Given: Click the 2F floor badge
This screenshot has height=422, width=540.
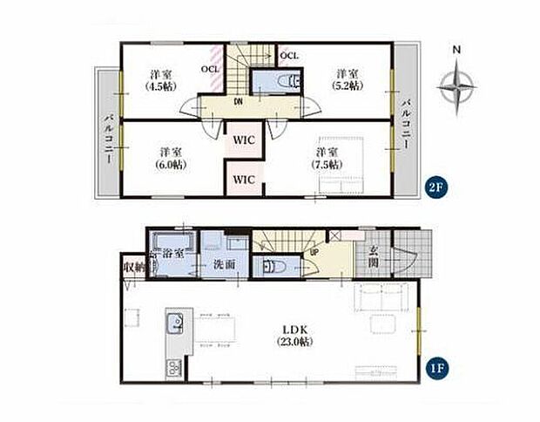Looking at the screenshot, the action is pos(435,188).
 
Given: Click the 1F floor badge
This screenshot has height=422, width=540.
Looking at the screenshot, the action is pos(435,368).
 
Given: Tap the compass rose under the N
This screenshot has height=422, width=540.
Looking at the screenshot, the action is pos(457,87).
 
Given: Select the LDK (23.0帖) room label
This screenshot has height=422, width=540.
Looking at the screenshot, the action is pos(294,336).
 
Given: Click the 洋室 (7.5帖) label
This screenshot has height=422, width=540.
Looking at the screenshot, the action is pos(327,159).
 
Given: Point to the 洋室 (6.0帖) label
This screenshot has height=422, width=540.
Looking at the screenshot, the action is pos(171,159).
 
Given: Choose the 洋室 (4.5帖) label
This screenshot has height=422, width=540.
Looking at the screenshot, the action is pos(161,80).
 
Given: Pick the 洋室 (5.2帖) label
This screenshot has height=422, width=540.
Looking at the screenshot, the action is pos(348,79).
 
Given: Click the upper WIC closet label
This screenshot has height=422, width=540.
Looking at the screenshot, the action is pos(244,140).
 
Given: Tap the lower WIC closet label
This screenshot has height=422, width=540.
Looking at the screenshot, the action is pos(244,180).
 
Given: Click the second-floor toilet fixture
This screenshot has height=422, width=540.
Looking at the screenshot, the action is pos(289,82).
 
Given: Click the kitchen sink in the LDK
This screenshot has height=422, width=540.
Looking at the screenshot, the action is pos(175,323).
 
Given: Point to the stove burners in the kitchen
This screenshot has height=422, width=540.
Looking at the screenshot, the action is pos(174,368).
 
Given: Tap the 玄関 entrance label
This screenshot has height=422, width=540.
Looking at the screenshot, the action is pos(374,256).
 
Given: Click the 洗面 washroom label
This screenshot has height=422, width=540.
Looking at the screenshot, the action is pos(225,264).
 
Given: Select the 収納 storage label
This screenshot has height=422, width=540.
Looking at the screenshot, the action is pos(134,267).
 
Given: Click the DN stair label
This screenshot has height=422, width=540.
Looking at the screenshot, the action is pos(238,102).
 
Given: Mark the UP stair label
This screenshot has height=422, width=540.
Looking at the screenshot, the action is pos(314,252).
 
